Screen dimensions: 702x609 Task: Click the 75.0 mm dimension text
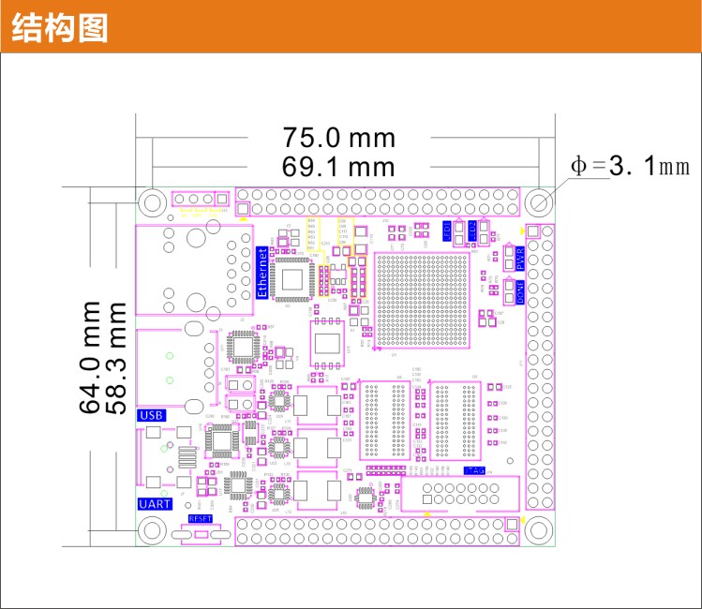pyautogui.click(x=339, y=138)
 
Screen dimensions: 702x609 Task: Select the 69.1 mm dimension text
pyautogui.click(x=339, y=167)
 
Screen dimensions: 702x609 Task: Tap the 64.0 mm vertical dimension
pyautogui.click(x=90, y=357)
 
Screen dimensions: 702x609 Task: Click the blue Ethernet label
pyautogui.click(x=262, y=272)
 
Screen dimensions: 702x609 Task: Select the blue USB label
pyautogui.click(x=151, y=415)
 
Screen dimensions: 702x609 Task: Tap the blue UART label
pyautogui.click(x=154, y=504)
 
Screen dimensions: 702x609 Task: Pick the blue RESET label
pyautogui.click(x=201, y=518)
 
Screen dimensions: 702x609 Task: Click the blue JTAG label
pyautogui.click(x=474, y=470)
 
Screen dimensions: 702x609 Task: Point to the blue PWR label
pyautogui.click(x=520, y=259)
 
